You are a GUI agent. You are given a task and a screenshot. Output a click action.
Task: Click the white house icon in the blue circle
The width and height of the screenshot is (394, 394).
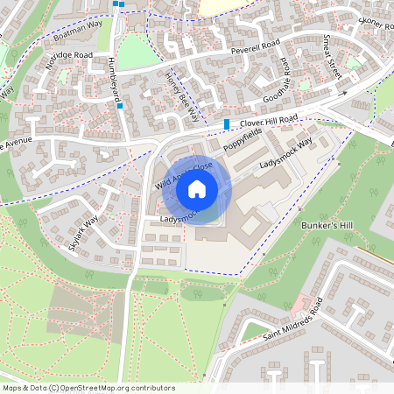[197, 188]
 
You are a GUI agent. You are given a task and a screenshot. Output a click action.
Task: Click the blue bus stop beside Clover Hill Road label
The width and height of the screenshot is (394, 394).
[227, 124]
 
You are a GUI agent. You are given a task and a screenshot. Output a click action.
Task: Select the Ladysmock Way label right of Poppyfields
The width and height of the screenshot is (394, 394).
[286, 153]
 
